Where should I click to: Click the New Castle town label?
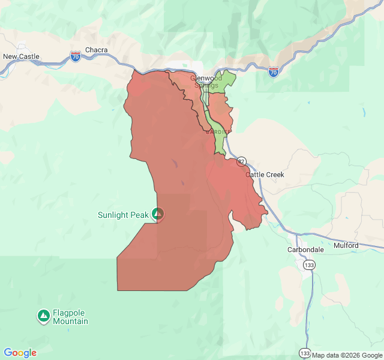tap(22, 56)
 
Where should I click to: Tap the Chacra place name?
tap(96, 50)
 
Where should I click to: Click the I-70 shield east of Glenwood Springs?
tap(274, 71)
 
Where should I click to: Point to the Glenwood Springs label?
tap(206, 82)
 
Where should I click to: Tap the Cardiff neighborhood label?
tap(218, 131)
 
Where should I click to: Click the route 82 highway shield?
tap(241, 161)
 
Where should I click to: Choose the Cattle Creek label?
tap(265, 175)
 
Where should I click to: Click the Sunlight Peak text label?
tap(124, 214)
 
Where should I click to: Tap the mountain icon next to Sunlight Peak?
tap(158, 214)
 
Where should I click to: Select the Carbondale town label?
tap(305, 249)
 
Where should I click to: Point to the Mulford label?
tap(346, 245)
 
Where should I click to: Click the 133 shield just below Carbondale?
tap(309, 265)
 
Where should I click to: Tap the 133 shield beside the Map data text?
tap(305, 353)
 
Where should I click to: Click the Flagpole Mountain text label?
tap(70, 317)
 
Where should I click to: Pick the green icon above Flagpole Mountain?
tap(43, 315)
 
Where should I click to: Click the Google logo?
tap(20, 353)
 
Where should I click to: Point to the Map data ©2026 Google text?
tap(346, 355)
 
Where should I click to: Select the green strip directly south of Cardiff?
tap(220, 143)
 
